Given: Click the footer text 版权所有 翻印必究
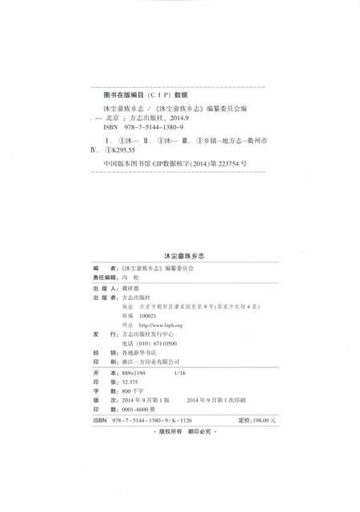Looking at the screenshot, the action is pyautogui.click(x=182, y=433).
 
